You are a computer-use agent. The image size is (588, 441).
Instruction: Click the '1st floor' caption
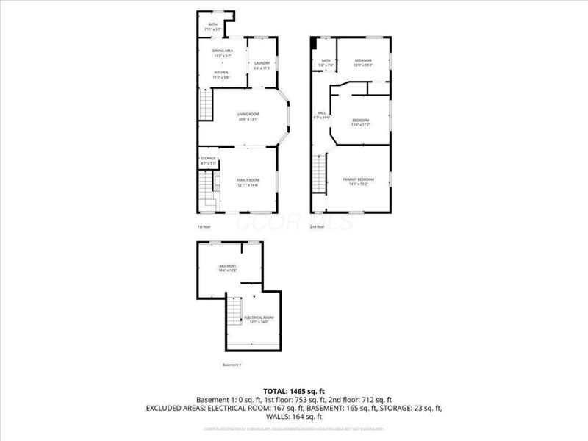(x=204, y=227)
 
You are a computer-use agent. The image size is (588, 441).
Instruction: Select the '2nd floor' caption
(x=318, y=227)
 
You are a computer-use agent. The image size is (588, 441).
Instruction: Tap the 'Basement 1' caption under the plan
(x=232, y=365)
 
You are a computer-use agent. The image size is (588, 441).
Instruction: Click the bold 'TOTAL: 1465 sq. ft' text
(x=294, y=390)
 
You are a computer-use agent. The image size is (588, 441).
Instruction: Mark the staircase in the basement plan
(x=235, y=312)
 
